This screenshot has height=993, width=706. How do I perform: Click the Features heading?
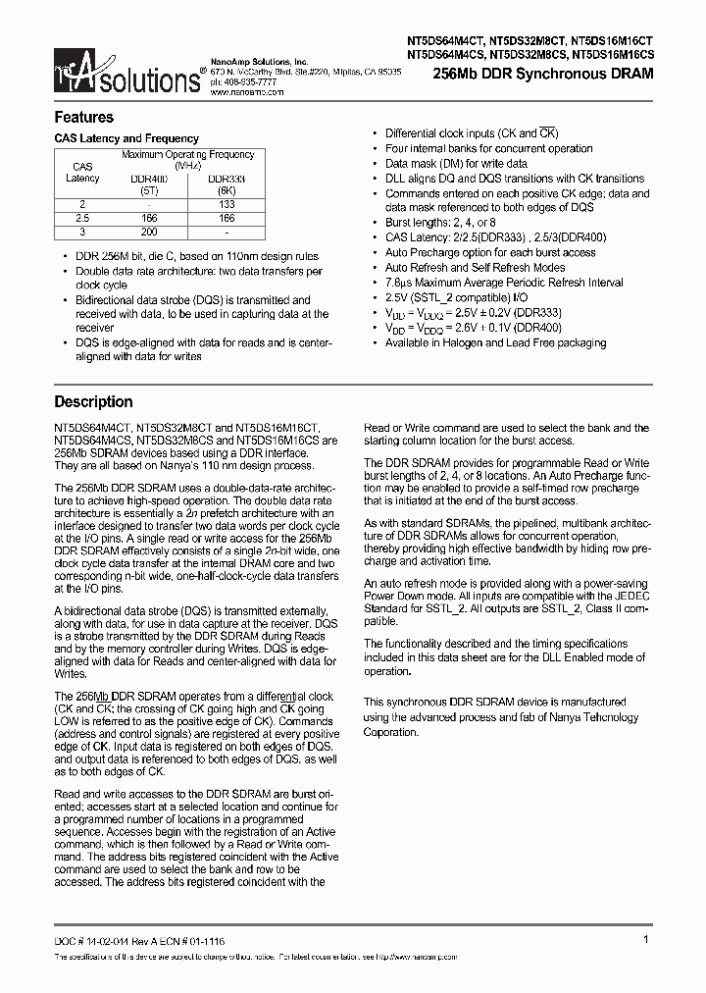pos(83,118)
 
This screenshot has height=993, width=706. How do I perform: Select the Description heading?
pos(93,401)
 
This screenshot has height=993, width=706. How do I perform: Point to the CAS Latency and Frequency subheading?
pos(126,139)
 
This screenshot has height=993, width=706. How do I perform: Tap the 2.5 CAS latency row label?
pos(82,217)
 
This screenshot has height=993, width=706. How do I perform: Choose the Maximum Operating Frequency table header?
pos(187,160)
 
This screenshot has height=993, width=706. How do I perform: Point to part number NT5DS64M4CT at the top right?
pos(446,41)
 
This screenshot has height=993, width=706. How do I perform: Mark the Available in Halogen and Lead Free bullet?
pos(495,342)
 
